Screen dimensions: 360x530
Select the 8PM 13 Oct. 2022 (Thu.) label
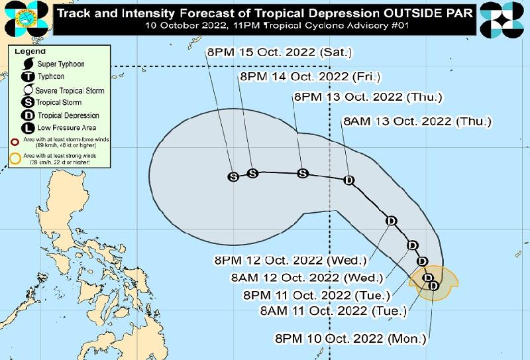tap(367, 97)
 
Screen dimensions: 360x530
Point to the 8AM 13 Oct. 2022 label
tap(417, 121)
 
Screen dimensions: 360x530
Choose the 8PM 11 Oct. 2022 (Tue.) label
tap(317, 294)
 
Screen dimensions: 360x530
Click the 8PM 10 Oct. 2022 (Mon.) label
tap(350, 338)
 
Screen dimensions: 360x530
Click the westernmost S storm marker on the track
tap(233, 176)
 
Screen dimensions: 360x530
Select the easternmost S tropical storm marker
tap(303, 173)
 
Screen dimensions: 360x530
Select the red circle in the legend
tap(15, 141)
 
